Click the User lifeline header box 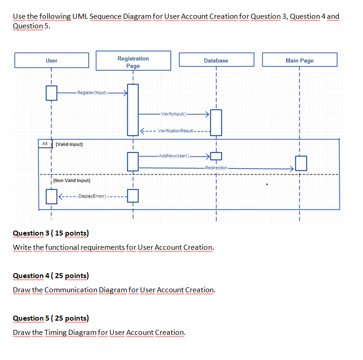(x=52, y=60)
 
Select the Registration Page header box (x=133, y=61)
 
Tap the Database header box (x=216, y=60)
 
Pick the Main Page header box (x=300, y=60)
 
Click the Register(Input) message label (x=92, y=93)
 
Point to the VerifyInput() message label (x=174, y=114)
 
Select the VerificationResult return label (x=176, y=131)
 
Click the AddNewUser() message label (x=174, y=156)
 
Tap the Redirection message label (x=216, y=168)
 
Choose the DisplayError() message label (x=92, y=196)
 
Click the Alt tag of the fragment (x=45, y=144)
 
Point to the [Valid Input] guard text (x=69, y=145)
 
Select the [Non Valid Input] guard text (x=71, y=181)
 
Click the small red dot (x=267, y=184)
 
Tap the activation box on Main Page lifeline (x=301, y=163)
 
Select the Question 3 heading (x=51, y=233)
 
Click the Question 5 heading (x=51, y=318)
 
